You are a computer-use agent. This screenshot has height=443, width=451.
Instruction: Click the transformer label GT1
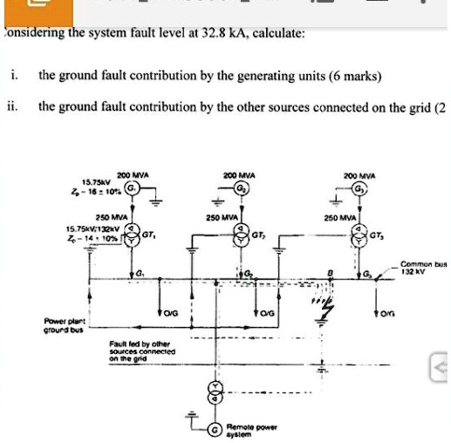pos(149,235)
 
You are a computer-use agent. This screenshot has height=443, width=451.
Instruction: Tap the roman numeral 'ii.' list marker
pos(11,107)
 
